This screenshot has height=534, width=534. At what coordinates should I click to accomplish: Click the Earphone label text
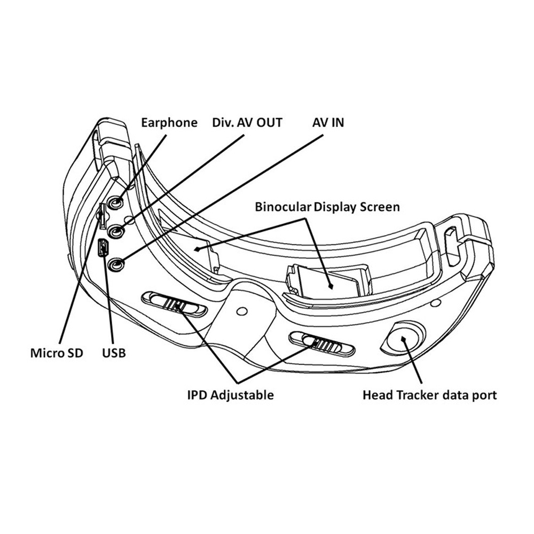pyautogui.click(x=169, y=123)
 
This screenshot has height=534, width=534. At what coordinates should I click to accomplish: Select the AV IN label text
pyautogui.click(x=328, y=123)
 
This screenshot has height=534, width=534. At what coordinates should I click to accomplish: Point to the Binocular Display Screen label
pyautogui.click(x=327, y=207)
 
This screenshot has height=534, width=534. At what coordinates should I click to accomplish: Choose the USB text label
pyautogui.click(x=113, y=353)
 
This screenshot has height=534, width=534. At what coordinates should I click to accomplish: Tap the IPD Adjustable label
pyautogui.click(x=230, y=395)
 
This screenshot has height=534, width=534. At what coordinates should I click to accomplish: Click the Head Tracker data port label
pyautogui.click(x=429, y=395)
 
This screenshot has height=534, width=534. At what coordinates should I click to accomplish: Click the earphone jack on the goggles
pyautogui.click(x=117, y=203)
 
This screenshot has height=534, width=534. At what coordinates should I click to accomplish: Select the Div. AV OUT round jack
pyautogui.click(x=117, y=232)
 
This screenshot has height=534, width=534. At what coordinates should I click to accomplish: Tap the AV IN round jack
pyautogui.click(x=117, y=264)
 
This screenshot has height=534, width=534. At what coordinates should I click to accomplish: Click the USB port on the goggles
pyautogui.click(x=104, y=248)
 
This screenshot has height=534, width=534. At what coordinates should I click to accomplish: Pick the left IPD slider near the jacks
pyautogui.click(x=175, y=304)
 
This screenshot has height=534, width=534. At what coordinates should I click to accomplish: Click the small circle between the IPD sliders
pyautogui.click(x=241, y=310)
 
